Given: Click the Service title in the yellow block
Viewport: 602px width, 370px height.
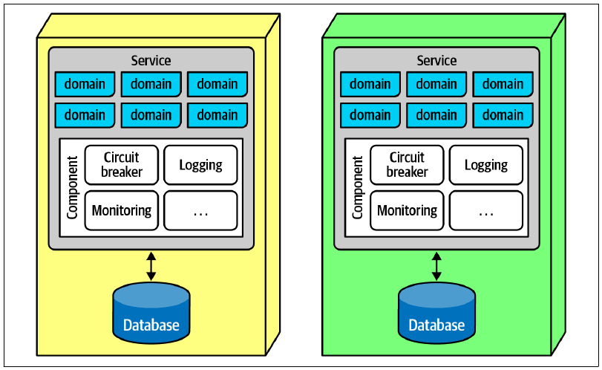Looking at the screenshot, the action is click(x=151, y=60).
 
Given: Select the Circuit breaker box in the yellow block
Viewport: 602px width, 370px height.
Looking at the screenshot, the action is click(x=121, y=165).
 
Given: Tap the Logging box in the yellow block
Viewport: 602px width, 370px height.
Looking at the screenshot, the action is click(x=200, y=165).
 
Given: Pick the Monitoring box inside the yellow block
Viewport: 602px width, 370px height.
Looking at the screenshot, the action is click(x=121, y=210).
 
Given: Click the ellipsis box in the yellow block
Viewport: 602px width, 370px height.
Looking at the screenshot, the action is click(x=200, y=210).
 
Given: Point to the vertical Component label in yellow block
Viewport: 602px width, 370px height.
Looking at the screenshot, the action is click(x=72, y=187).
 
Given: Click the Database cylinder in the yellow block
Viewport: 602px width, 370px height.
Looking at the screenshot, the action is click(x=151, y=313).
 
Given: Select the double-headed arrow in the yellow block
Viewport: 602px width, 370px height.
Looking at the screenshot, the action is click(x=151, y=266).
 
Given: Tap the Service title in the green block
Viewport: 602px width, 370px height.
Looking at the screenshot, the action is click(x=436, y=60).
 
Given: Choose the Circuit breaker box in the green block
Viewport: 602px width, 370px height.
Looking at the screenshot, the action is click(x=407, y=165).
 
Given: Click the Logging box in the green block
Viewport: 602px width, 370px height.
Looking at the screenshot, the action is click(x=486, y=165).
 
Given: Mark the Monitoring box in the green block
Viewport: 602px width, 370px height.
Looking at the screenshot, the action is click(x=407, y=210).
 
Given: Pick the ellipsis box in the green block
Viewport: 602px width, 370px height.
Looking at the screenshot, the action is click(x=486, y=210).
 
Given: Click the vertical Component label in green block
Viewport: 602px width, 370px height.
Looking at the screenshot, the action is click(x=358, y=187).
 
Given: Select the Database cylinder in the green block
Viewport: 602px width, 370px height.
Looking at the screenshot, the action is click(x=437, y=313).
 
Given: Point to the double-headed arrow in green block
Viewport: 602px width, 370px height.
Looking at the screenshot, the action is click(x=436, y=266).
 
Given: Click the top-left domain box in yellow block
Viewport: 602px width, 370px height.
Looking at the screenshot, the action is click(x=85, y=84).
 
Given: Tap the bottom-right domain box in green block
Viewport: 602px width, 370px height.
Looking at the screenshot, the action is click(x=503, y=115).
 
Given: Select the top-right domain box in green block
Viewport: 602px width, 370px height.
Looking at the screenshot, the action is click(x=503, y=84).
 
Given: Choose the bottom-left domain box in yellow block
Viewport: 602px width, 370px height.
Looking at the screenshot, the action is click(x=85, y=115).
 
